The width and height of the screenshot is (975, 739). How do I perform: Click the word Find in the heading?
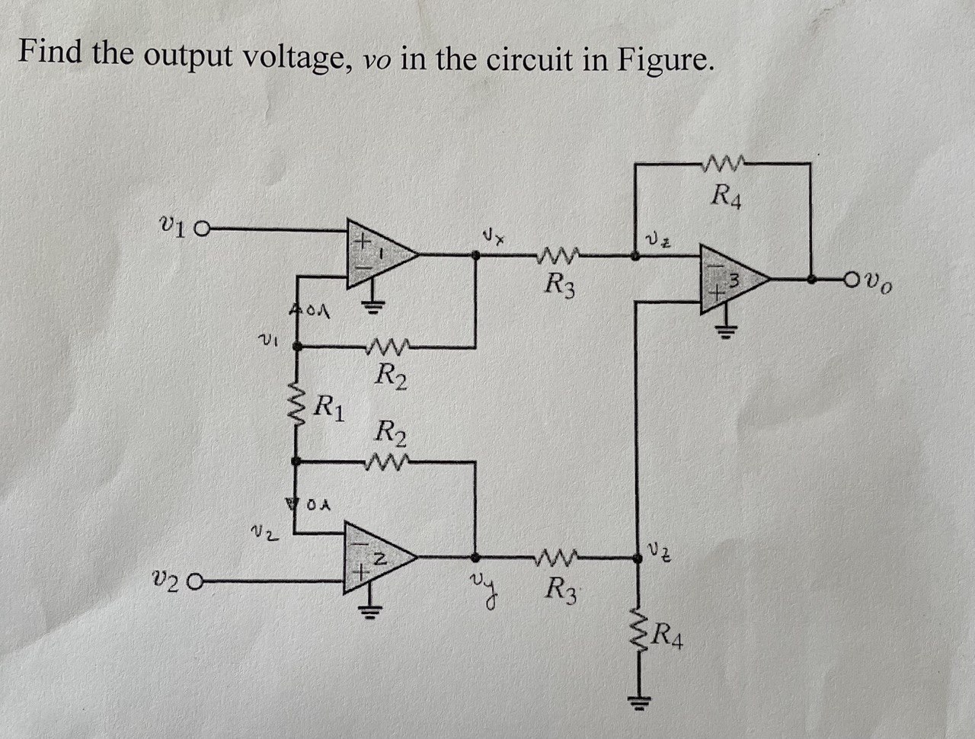pos(50,52)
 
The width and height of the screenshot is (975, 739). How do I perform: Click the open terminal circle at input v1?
pos(203,228)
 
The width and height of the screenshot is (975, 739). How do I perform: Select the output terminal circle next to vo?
pos(852,280)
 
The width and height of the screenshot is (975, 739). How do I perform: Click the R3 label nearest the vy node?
pos(563,590)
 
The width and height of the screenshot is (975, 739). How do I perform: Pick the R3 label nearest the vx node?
pos(561,287)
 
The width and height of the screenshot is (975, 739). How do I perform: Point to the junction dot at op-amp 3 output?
pos(814,280)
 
